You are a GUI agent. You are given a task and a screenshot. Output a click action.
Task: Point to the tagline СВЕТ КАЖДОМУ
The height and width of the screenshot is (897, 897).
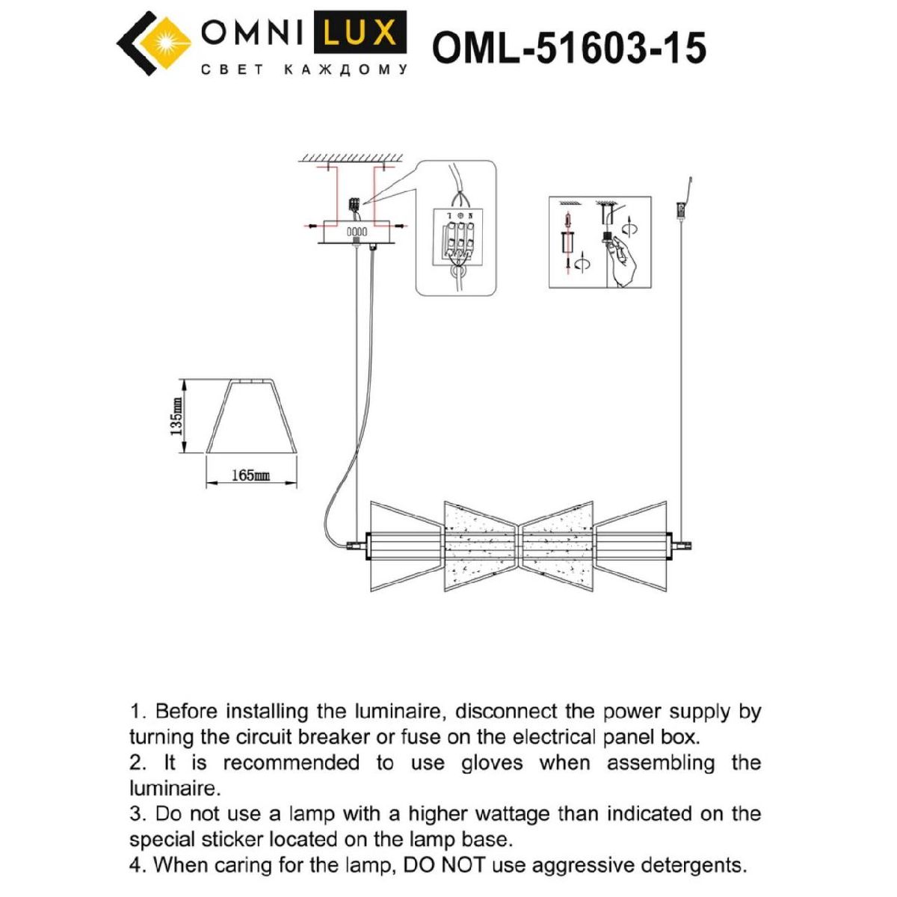[x=305, y=70]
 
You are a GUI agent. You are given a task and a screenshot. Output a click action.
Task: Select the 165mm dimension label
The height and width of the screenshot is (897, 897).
[x=251, y=475]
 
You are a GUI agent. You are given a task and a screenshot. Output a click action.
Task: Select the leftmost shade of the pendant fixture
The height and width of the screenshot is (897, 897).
[x=407, y=546]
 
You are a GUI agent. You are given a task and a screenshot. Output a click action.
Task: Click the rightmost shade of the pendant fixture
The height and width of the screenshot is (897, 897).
[x=631, y=546]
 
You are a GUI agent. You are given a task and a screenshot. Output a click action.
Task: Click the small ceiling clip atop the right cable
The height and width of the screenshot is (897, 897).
[x=681, y=209]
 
